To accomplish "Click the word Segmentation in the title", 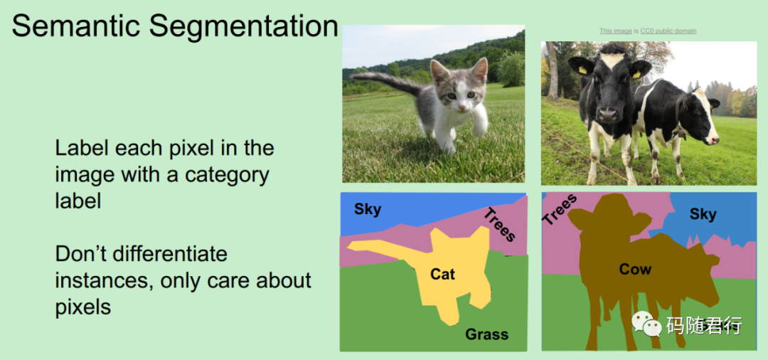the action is [244, 28].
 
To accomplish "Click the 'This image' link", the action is [616, 31].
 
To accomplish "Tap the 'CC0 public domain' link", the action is [668, 31].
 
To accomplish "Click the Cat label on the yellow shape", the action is [443, 274].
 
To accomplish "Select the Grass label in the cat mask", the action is [486, 334].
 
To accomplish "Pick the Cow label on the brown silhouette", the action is [635, 269].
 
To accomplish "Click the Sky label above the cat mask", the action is [368, 210].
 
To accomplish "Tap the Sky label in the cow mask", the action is [703, 214].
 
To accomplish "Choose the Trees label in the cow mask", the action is [560, 210].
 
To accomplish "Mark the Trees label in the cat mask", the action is [500, 225].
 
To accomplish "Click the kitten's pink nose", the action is [462, 105].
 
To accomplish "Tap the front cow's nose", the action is [608, 115].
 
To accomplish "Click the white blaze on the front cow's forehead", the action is [610, 60].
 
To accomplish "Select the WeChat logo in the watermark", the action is [646, 324].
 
